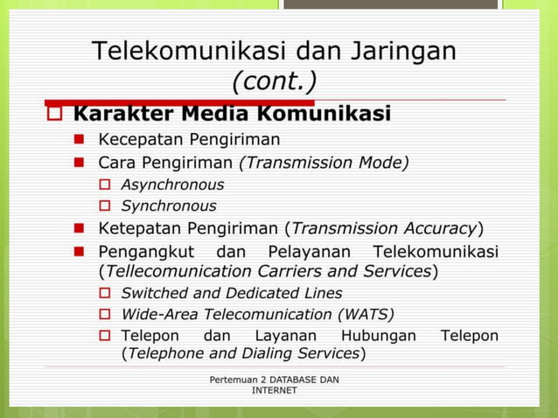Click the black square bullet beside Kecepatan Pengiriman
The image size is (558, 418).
pos(79,138)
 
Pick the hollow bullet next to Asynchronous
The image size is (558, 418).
pos(104,185)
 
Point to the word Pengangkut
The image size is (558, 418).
pos(145,252)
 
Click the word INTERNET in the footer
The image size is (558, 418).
pos(274,390)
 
